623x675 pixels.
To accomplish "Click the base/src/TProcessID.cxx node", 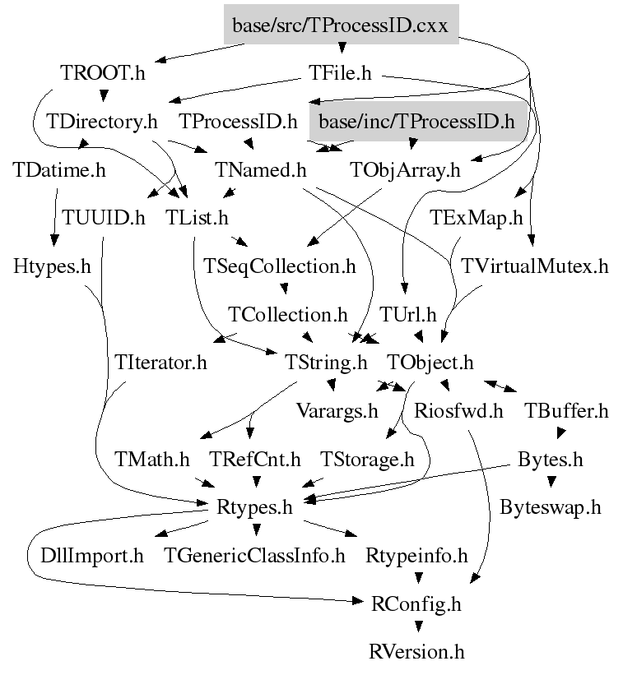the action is click(x=341, y=25).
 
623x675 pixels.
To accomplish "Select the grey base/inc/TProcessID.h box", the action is click(x=418, y=122).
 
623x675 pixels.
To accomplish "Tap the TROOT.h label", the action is click(x=103, y=72).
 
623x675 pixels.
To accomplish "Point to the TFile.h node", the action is click(x=340, y=72).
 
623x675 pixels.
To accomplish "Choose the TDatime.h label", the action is click(x=59, y=169).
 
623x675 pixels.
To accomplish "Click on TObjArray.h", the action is click(x=405, y=170).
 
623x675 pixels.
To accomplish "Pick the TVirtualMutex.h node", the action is click(x=535, y=266).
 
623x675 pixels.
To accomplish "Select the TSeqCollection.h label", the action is click(x=280, y=266).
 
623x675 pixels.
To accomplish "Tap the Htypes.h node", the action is click(x=52, y=266).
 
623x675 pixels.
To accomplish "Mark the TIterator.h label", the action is click(x=160, y=363).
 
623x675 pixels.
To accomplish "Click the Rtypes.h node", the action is click(x=254, y=507).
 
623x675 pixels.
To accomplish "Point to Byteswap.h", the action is click(x=551, y=507).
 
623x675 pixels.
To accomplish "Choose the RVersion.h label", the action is click(x=416, y=652).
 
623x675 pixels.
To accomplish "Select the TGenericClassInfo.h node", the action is click(x=254, y=555).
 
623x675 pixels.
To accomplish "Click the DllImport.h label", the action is click(x=92, y=555).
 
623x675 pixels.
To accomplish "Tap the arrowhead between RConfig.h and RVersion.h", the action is click(x=418, y=626).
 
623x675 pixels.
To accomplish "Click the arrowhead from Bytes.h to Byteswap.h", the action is click(x=551, y=482).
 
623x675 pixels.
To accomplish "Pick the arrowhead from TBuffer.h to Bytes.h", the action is click(x=560, y=433).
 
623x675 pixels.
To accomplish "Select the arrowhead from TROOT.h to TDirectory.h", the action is click(x=104, y=95).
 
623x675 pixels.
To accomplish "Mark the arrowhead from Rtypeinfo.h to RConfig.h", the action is click(x=418, y=578).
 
